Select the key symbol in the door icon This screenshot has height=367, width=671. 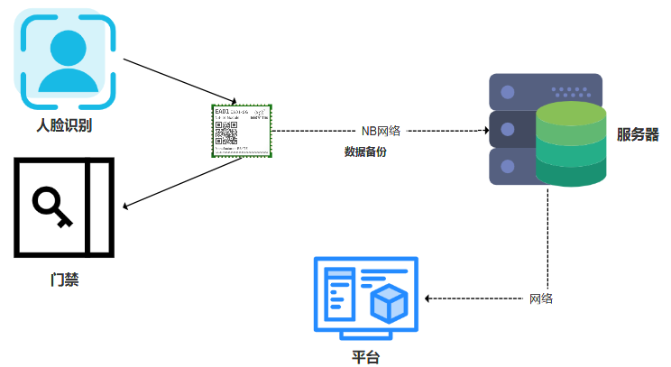[48, 207]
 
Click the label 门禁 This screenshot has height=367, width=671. [64, 280]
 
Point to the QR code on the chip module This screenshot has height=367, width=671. [225, 133]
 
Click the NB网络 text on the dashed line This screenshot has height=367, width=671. [380, 131]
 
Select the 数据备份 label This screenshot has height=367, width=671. [365, 151]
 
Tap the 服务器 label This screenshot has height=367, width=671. [638, 135]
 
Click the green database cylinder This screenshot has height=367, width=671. [569, 144]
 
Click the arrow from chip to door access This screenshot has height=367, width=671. [180, 185]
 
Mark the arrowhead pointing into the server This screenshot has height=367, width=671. [484, 131]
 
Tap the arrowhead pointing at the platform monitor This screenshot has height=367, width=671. [428, 298]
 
